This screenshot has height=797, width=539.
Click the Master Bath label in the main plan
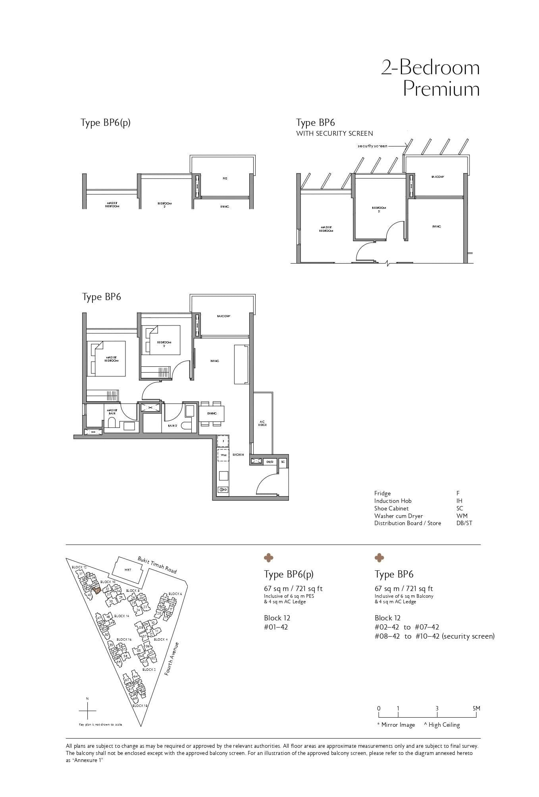(112, 412)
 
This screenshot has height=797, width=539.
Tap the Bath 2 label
(172, 425)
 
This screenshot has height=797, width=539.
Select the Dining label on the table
(212, 414)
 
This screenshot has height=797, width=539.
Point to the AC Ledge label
(262, 423)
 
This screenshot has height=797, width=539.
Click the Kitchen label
(238, 454)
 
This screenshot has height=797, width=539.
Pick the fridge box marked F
(223, 441)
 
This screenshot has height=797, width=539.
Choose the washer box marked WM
(223, 455)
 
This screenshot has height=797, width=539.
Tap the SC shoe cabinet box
(283, 462)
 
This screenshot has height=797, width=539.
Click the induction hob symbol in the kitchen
(223, 489)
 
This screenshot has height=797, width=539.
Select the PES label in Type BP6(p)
(225, 179)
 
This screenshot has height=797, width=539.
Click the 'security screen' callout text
(372, 146)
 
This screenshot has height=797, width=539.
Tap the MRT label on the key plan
(128, 570)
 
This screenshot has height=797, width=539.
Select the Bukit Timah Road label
(157, 564)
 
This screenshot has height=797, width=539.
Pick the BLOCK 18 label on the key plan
(140, 706)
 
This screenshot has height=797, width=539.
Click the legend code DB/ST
(464, 523)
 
